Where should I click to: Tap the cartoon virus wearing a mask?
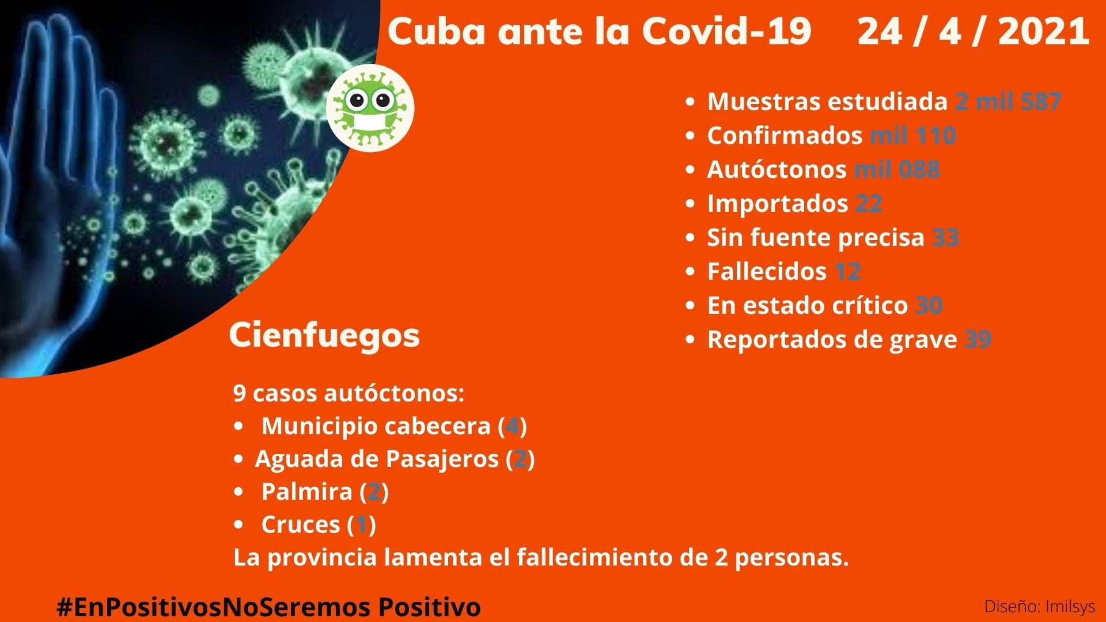click(x=370, y=108)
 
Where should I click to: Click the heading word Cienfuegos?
click(x=324, y=335)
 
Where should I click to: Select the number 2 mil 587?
click(x=1008, y=101)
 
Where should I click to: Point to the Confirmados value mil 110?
click(x=913, y=135)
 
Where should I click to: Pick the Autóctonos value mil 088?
click(x=897, y=169)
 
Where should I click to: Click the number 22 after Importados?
click(x=869, y=203)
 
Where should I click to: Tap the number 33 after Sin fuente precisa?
click(x=945, y=237)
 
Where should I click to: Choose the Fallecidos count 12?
click(x=847, y=271)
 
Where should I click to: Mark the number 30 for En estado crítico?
click(x=929, y=305)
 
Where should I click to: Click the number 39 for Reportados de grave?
click(x=978, y=339)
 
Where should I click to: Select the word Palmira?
click(x=306, y=492)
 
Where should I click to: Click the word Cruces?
click(x=301, y=525)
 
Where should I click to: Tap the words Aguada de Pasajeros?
click(x=377, y=460)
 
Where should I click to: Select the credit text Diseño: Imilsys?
click(x=1040, y=606)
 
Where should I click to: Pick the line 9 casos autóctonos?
click(x=349, y=393)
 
